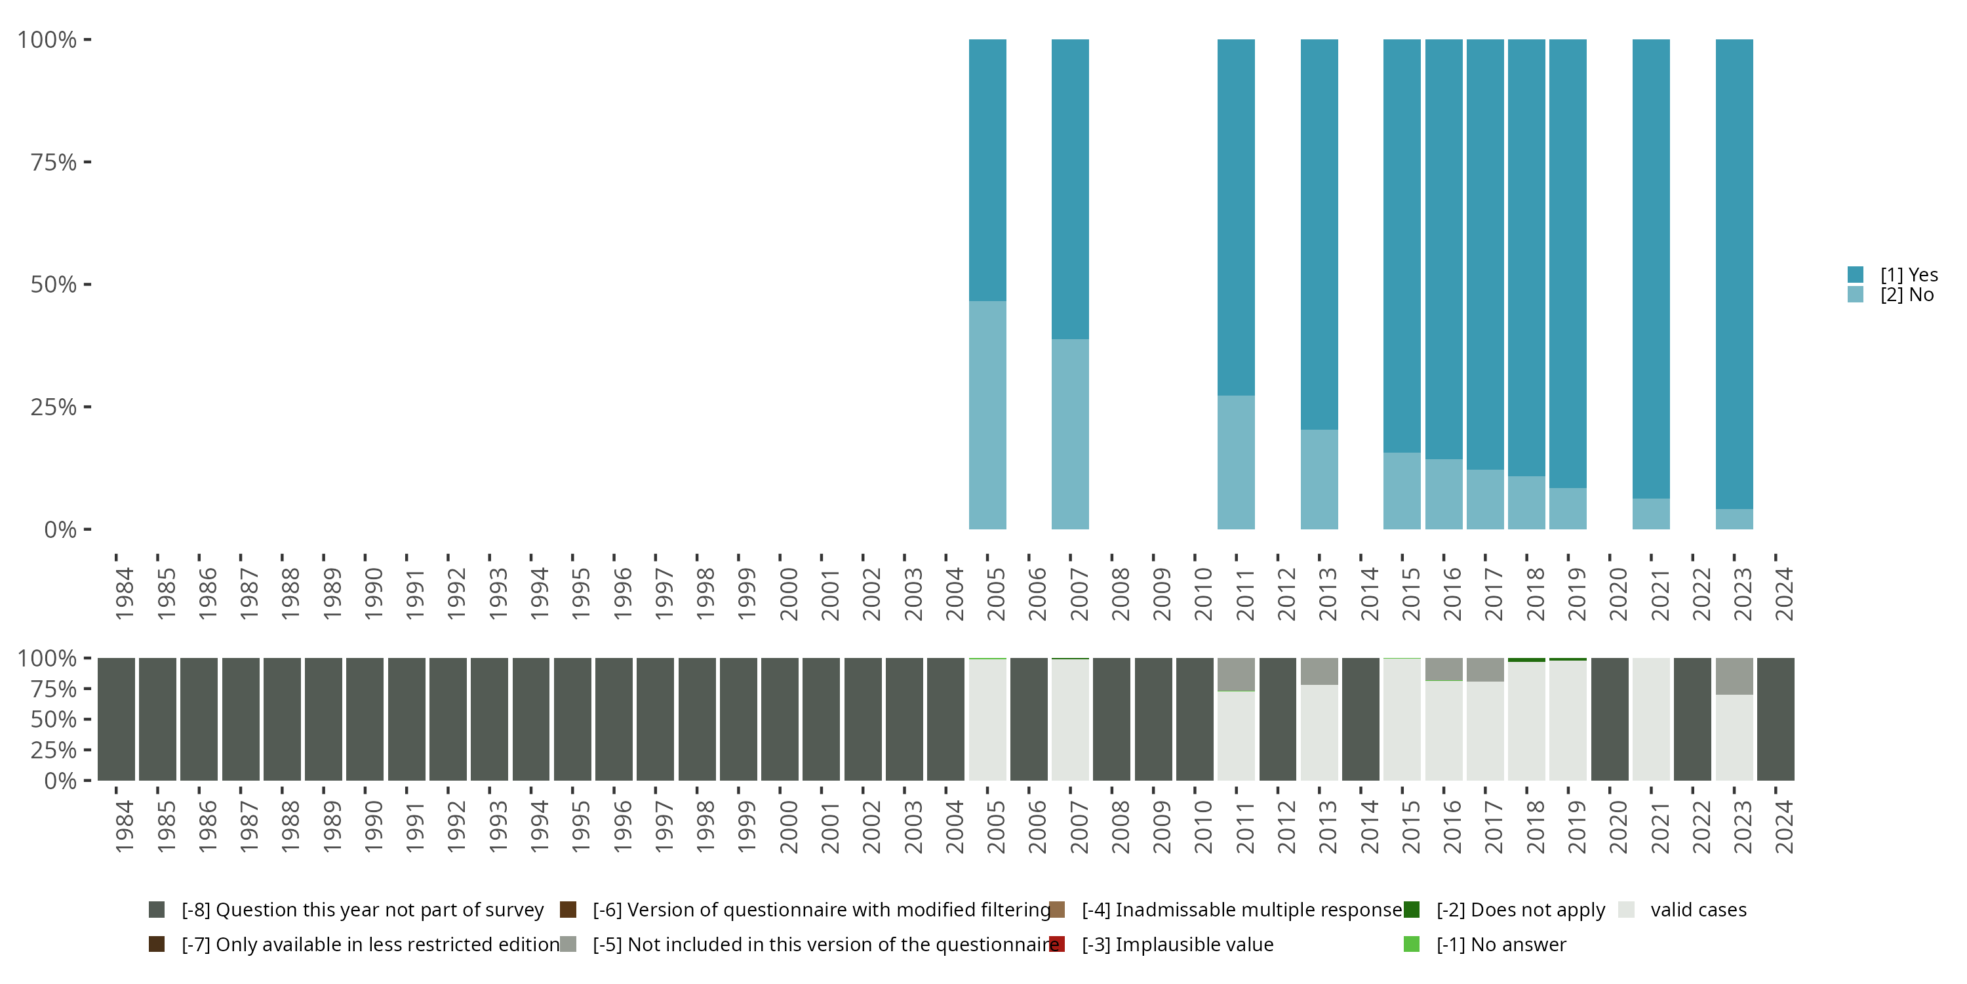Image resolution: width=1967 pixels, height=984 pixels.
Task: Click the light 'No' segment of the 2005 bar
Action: tap(987, 415)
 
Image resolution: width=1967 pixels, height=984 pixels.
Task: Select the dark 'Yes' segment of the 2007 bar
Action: tap(1070, 189)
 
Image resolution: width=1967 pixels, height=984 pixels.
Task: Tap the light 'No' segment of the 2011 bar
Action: tap(1235, 462)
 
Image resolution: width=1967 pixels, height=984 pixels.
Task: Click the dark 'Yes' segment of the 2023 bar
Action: tap(1734, 274)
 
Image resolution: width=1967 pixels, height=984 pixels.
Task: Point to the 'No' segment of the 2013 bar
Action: tap(1319, 479)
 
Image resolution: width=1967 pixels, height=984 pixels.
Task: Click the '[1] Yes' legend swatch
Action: tap(1856, 274)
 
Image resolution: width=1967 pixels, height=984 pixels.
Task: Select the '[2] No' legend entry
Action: tap(1906, 295)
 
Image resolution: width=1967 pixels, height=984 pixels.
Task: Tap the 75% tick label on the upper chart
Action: tap(54, 162)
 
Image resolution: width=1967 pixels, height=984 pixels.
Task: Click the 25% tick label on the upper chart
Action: tap(54, 407)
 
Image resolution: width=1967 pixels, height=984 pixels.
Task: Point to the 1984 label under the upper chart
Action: tap(124, 594)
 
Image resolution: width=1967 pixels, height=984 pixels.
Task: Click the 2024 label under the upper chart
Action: tap(1783, 594)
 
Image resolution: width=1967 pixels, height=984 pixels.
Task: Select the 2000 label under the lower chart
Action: tap(787, 827)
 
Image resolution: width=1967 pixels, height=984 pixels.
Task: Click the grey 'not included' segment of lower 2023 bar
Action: tap(1734, 676)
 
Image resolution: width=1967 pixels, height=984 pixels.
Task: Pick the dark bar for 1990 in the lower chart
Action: tap(365, 719)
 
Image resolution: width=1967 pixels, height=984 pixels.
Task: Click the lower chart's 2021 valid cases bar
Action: tap(1651, 719)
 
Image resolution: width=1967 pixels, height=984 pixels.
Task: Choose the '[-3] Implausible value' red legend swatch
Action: tap(1057, 944)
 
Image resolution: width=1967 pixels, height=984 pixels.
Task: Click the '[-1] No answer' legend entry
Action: tap(1500, 944)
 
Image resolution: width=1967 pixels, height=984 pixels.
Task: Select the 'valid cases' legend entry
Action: tap(1698, 910)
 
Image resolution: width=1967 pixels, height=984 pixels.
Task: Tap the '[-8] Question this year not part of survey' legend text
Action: tap(362, 910)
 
